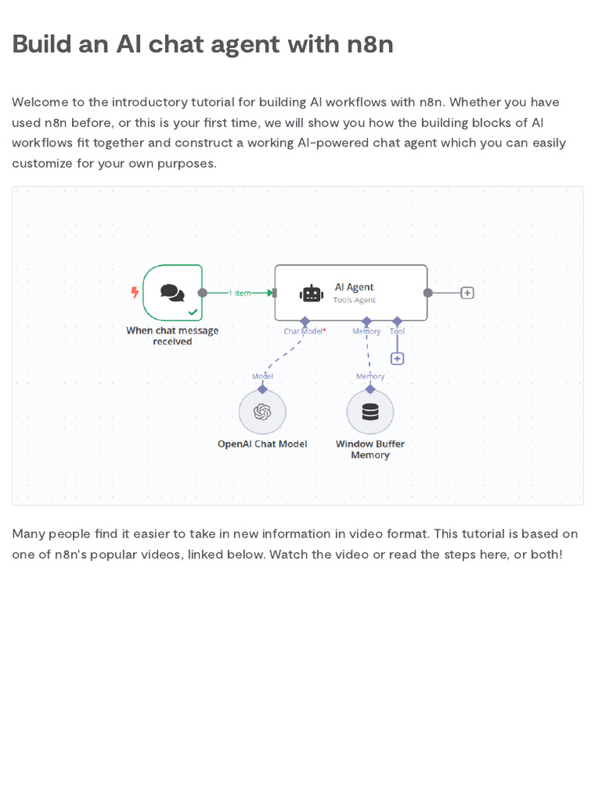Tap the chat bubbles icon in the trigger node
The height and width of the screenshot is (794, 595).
tap(172, 292)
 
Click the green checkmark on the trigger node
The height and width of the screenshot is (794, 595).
tap(193, 312)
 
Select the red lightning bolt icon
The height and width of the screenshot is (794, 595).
tap(135, 292)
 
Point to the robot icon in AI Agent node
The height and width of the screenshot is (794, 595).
tap(311, 293)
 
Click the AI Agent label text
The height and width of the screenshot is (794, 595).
tap(354, 287)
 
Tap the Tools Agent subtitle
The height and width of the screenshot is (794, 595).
tap(354, 300)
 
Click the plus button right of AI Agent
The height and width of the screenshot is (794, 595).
tap(467, 293)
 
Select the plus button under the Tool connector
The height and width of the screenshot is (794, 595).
tap(397, 358)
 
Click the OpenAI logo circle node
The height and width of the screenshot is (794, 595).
tap(262, 412)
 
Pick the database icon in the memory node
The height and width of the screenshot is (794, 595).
tap(370, 412)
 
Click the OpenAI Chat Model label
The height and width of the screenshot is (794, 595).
tap(262, 444)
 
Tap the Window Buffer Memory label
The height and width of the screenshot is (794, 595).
tap(370, 450)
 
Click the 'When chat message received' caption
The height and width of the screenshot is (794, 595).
tap(172, 336)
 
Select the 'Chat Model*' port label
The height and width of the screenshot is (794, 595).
tap(304, 332)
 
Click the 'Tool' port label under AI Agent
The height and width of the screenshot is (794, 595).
tap(397, 332)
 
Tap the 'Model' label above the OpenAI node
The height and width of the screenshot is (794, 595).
tap(262, 377)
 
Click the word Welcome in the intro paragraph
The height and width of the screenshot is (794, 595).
tap(38, 102)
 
